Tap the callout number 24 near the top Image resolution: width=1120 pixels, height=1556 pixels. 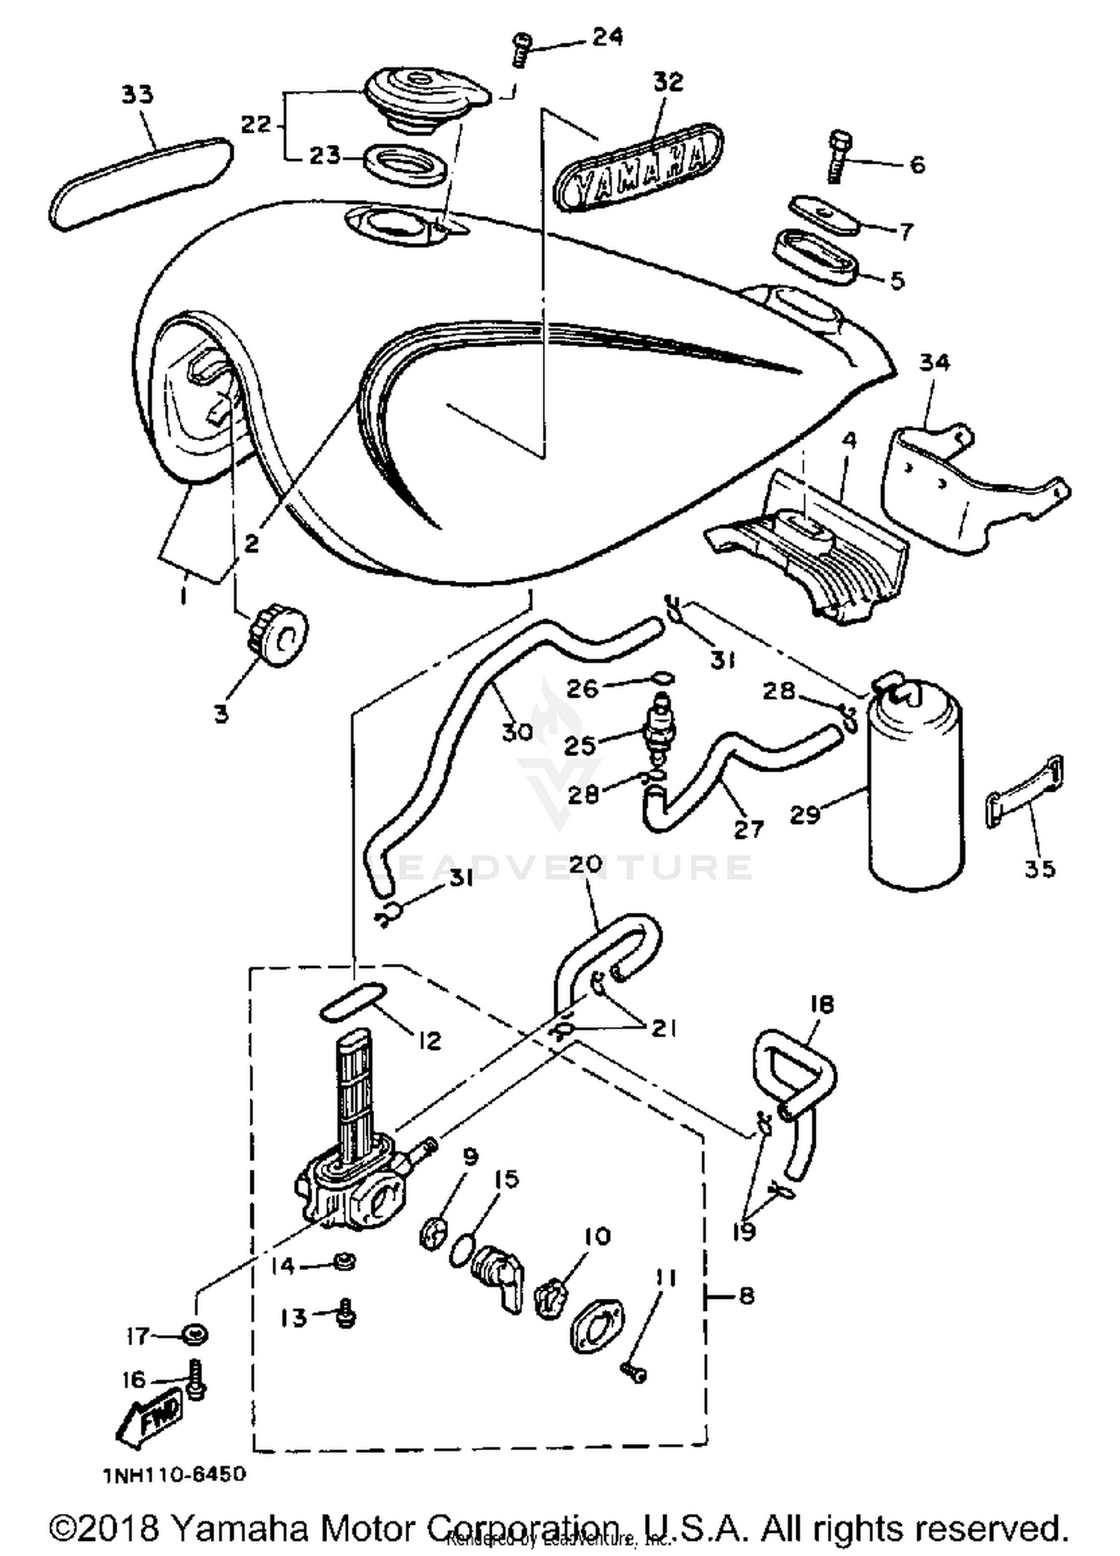coord(608,37)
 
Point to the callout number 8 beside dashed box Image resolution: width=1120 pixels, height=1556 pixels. coord(747,1295)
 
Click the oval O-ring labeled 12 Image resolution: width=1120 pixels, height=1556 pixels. coord(352,1002)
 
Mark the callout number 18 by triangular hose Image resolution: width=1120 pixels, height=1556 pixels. coord(821,1004)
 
